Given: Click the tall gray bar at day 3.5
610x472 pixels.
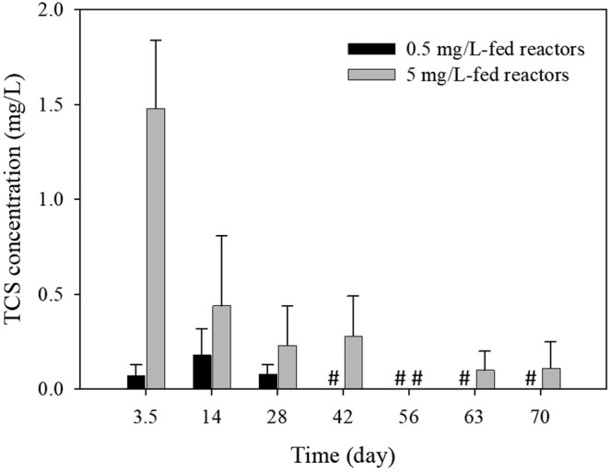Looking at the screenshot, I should click(157, 249).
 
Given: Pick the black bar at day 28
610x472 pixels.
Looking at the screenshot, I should click(268, 381).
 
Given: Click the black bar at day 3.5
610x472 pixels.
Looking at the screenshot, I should click(135, 382).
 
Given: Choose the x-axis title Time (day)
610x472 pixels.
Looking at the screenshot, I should click(344, 455).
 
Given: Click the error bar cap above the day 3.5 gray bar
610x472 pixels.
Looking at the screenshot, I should click(157, 41).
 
